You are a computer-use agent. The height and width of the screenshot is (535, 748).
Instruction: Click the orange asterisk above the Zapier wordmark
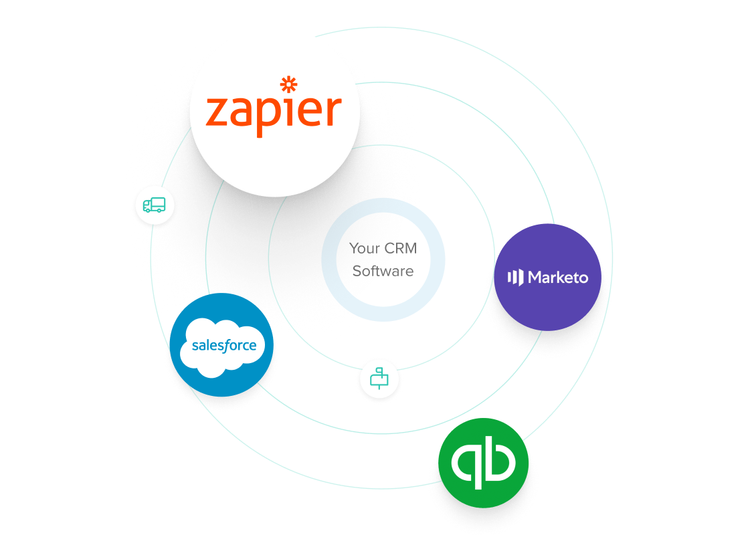288,84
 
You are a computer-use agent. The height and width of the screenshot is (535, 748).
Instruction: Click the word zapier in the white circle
274,112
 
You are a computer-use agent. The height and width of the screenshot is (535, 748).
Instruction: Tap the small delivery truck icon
154,205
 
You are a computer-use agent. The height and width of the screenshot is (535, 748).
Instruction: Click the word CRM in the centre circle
401,249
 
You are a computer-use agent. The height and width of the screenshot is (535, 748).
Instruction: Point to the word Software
383,272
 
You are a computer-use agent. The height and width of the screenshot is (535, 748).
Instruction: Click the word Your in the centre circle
365,249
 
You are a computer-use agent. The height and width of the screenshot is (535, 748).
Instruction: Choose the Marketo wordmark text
557,278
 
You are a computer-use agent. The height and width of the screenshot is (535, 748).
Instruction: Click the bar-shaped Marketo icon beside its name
515,278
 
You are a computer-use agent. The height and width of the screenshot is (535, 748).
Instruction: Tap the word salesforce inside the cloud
223,346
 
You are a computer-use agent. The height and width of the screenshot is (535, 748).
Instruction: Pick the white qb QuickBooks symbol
483,462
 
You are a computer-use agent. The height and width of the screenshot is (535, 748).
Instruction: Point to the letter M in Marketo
536,278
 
